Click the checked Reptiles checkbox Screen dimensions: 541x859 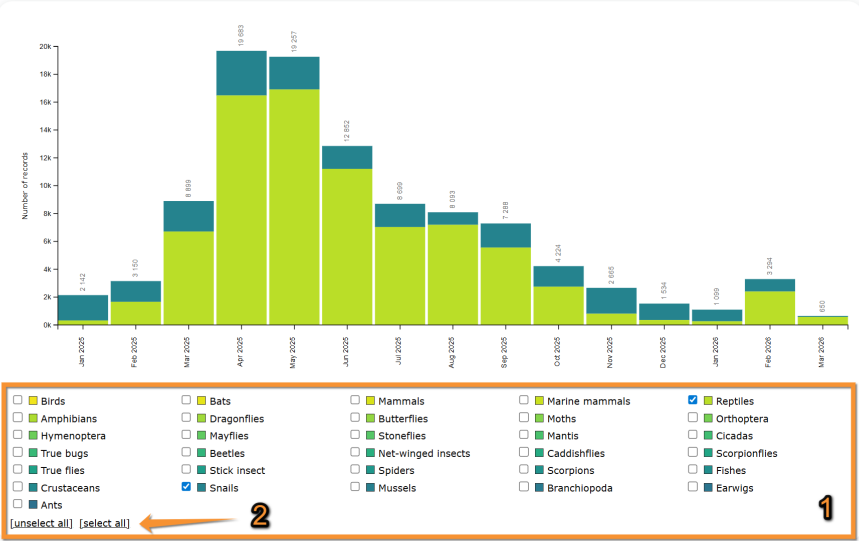(x=693, y=400)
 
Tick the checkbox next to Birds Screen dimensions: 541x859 (x=18, y=400)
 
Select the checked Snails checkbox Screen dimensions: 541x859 (x=186, y=487)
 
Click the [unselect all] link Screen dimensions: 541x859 (x=42, y=523)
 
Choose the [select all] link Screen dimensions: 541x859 (x=105, y=523)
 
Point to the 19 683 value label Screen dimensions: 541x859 (x=241, y=36)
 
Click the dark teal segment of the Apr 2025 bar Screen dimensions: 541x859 (x=242, y=73)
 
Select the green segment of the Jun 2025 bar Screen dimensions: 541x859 (x=347, y=246)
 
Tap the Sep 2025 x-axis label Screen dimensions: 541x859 (x=504, y=352)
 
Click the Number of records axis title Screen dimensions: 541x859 (x=25, y=186)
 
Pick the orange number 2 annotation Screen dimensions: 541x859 (x=260, y=515)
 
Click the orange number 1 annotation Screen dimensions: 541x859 (x=825, y=508)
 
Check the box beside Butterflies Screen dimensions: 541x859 (x=355, y=418)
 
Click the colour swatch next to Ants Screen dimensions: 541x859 (x=33, y=504)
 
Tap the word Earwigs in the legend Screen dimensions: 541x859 (x=734, y=488)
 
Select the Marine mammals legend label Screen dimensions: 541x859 (x=588, y=401)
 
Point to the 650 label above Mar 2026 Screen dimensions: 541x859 (x=822, y=307)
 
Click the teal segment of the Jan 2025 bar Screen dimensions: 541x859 (x=83, y=308)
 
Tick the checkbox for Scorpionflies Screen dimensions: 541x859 (x=693, y=452)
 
